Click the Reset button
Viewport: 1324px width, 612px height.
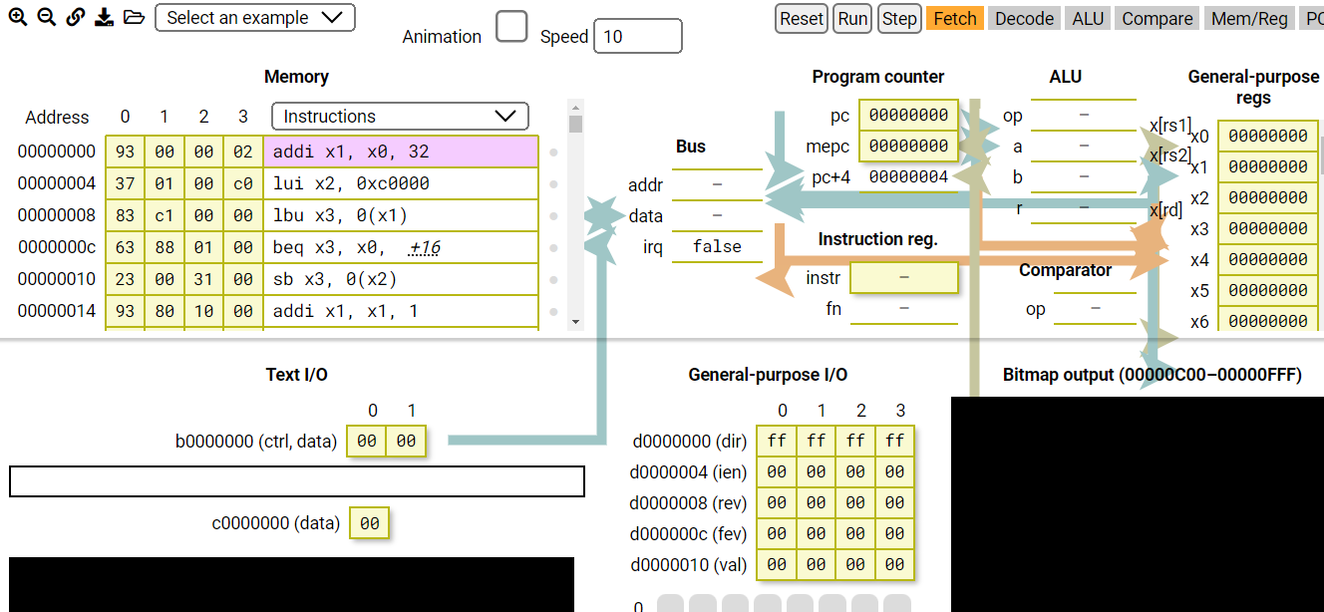coord(802,19)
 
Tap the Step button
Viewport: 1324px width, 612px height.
coord(899,19)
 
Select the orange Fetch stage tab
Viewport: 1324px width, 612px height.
coord(955,19)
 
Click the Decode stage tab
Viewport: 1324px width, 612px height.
coord(1024,19)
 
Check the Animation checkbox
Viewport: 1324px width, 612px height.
coord(511,27)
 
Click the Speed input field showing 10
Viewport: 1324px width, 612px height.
coord(637,37)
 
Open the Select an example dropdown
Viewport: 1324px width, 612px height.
coord(255,18)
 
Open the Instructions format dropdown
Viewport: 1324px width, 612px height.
coord(400,117)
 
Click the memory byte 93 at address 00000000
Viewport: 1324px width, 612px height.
coord(125,152)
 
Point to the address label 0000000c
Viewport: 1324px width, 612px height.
coord(57,247)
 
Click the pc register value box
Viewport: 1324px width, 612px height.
coord(908,116)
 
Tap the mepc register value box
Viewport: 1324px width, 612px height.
coord(908,147)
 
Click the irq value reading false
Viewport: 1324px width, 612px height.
coord(717,247)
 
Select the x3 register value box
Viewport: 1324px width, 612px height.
coord(1267,228)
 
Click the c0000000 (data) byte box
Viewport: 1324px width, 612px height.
coord(369,523)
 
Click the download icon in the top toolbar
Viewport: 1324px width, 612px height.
coord(104,18)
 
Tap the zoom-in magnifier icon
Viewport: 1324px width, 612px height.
coord(18,18)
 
